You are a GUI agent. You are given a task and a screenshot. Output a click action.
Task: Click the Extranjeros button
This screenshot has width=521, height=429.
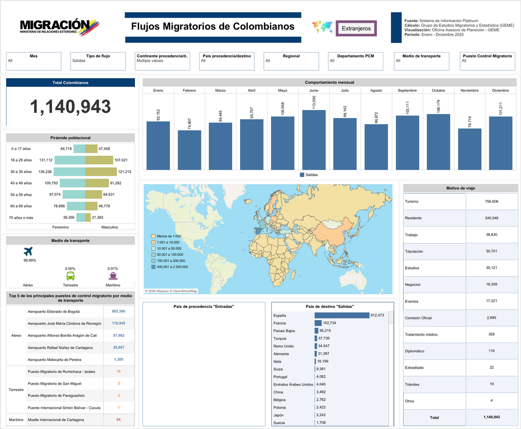pos(356,28)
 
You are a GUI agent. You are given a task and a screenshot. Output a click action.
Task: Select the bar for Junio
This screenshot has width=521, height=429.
pos(313,140)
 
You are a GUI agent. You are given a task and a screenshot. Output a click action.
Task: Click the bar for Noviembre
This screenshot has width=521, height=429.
pos(469,149)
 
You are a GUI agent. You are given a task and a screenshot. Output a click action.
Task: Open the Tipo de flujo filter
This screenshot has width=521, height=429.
pos(98,61)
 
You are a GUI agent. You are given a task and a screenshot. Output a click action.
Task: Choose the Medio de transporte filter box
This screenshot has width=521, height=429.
pos(421,61)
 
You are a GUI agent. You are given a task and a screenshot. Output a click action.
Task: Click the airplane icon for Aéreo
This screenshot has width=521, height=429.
pos(28,251)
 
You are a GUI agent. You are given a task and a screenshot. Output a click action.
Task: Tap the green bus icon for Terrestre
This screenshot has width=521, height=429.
pos(70,276)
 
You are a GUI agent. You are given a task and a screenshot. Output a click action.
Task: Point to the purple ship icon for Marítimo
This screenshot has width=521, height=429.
pos(112,276)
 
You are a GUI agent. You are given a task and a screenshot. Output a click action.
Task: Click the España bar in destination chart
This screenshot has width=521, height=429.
pos(342,315)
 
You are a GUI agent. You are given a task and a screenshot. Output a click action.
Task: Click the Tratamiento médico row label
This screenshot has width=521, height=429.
pos(421,334)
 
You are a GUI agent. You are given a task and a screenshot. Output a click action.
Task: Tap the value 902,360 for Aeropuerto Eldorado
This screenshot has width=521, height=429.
pos(118,311)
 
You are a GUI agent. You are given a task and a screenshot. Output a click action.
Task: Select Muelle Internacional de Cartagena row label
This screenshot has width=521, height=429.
pos(56,419)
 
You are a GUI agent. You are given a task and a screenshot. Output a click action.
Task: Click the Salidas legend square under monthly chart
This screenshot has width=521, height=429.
pos(302,175)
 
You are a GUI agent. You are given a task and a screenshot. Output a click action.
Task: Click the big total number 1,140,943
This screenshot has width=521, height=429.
pos(70,107)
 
